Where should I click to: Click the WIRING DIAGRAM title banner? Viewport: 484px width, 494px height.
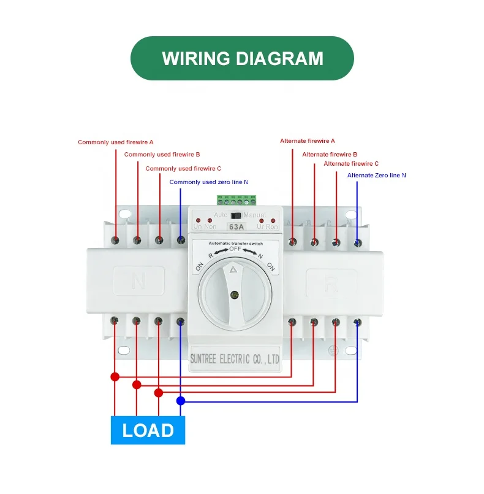point(242,58)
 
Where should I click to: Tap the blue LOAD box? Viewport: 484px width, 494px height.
point(148,430)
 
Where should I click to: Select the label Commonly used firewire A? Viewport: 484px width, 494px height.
point(115,142)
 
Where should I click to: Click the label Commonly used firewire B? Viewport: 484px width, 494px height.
point(162,155)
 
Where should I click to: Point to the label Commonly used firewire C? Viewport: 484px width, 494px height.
point(183,168)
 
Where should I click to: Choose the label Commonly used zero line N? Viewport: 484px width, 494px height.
point(208,182)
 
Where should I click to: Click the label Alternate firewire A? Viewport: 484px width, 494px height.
point(308,141)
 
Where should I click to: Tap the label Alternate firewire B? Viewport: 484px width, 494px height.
point(330,155)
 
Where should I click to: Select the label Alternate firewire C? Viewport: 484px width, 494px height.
point(351,164)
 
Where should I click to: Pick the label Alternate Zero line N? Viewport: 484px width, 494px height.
point(376,176)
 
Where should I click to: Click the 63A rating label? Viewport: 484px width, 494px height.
point(236,226)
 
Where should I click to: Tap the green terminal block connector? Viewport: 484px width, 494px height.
point(236,200)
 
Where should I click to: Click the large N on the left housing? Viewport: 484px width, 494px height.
point(138,282)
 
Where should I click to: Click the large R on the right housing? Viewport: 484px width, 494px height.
point(331,284)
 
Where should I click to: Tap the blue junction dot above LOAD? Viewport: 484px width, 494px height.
point(180,401)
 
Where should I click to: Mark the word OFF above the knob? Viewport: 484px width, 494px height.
point(236,249)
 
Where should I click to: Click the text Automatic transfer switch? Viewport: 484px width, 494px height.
point(236,244)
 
